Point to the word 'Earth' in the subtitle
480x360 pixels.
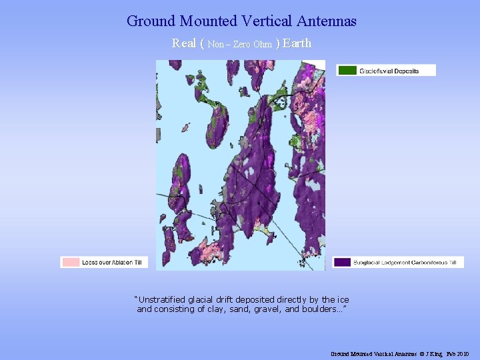click(x=297, y=43)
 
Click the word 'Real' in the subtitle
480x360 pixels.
click(x=184, y=43)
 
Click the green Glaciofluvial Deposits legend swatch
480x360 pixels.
click(x=346, y=70)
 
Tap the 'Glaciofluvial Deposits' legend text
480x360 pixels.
click(x=389, y=71)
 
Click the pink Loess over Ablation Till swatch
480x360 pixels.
click(x=70, y=263)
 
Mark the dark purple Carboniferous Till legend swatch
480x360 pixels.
click(x=342, y=263)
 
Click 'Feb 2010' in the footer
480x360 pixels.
click(x=458, y=353)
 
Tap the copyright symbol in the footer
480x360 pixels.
click(x=421, y=353)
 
